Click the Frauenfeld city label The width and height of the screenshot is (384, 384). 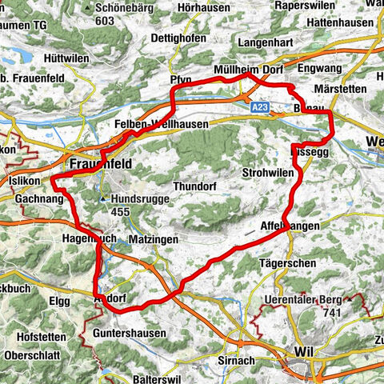[x=100, y=163]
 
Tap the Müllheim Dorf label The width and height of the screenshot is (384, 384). [x=249, y=70]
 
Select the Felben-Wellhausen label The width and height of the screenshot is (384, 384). [x=162, y=125]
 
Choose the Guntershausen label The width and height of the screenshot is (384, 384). [x=130, y=332]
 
